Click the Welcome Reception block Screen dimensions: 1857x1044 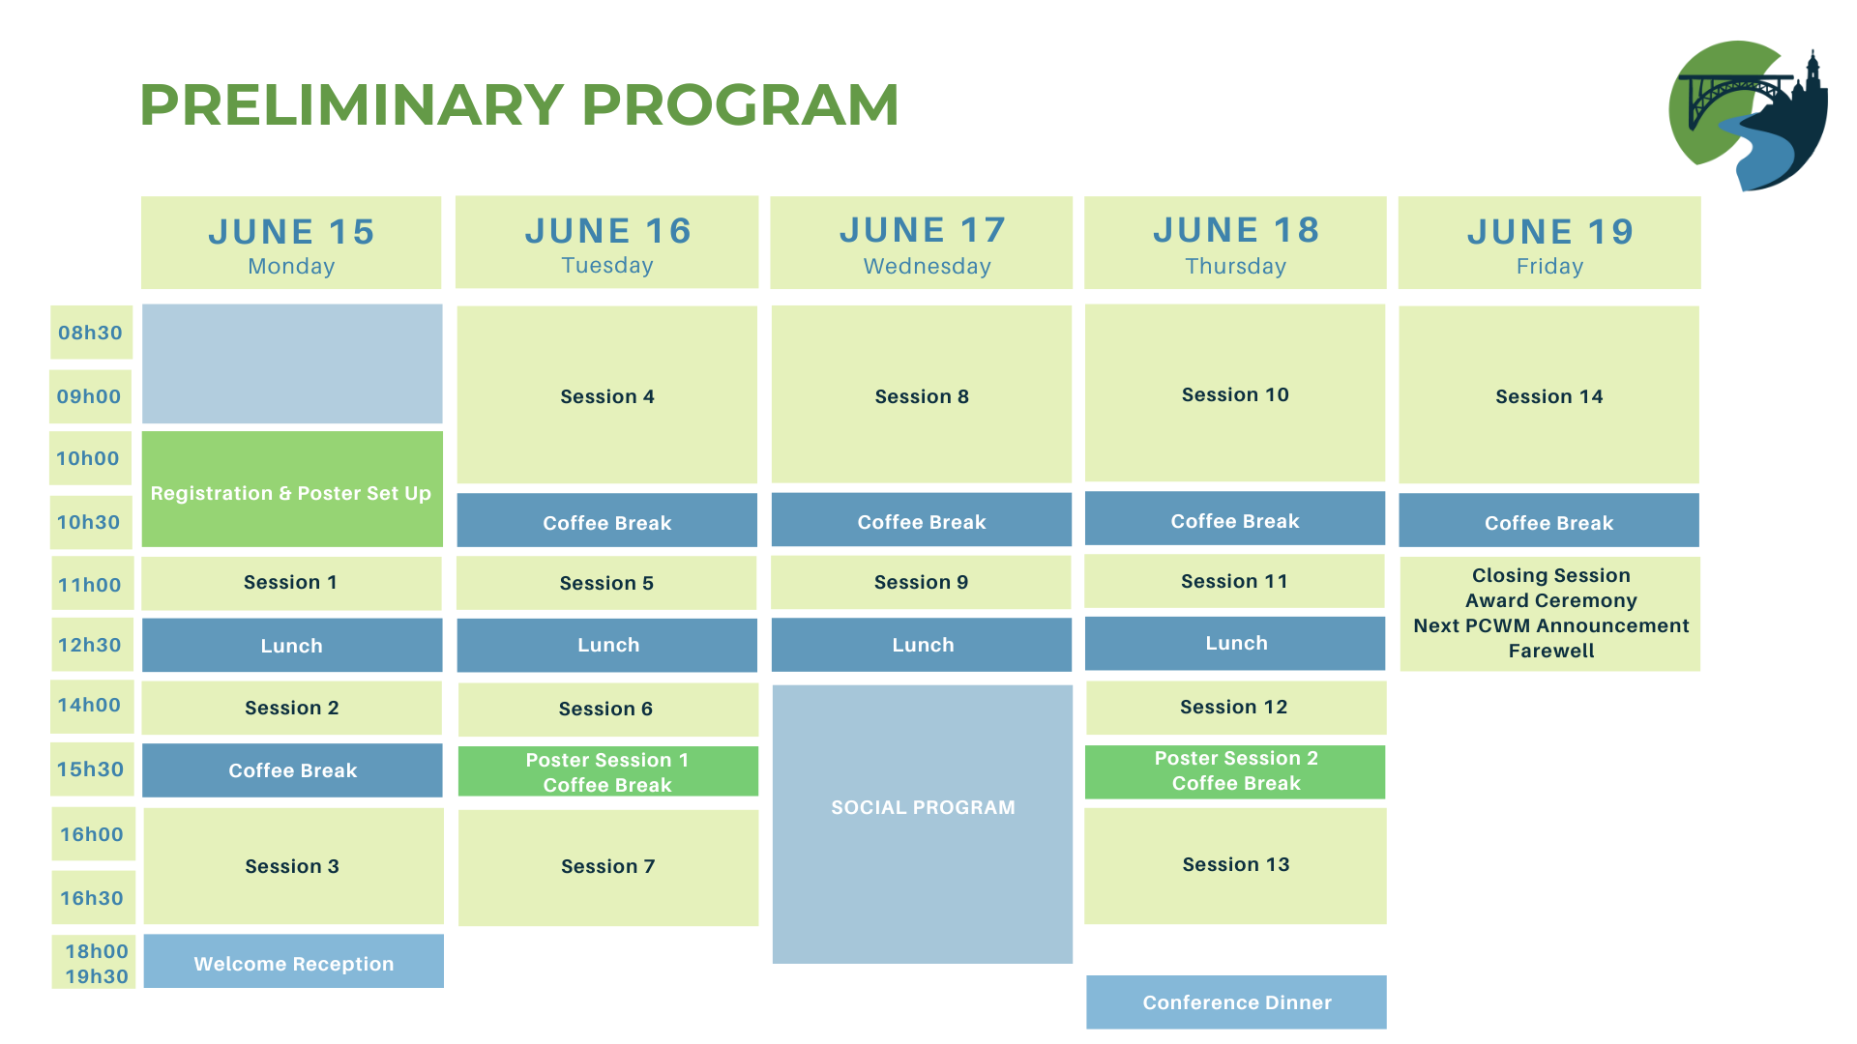pos(294,961)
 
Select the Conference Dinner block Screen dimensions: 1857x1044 pos(1236,1002)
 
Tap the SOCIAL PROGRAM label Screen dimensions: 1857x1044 pos(923,807)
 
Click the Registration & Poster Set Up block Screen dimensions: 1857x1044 pos(292,489)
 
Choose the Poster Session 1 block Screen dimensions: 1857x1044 pos(608,771)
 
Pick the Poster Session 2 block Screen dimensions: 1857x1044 pos(1235,771)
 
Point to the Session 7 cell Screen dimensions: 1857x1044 pos(608,867)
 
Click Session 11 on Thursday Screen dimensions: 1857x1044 pos(1235,581)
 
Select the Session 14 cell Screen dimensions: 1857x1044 pos(1549,394)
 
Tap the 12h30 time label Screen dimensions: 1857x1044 pos(91,645)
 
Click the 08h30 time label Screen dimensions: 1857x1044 pos(91,333)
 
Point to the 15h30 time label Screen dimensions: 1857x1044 pos(91,769)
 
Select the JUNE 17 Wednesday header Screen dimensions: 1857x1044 pos(922,243)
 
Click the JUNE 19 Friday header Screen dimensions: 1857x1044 pos(1549,243)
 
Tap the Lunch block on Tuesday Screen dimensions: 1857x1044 pos(607,645)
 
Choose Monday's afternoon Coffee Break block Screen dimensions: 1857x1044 pos(292,770)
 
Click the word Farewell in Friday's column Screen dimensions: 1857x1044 pos(1551,651)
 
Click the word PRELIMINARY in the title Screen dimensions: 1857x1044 pos(351,104)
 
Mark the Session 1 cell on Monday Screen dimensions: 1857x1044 pos(292,583)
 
